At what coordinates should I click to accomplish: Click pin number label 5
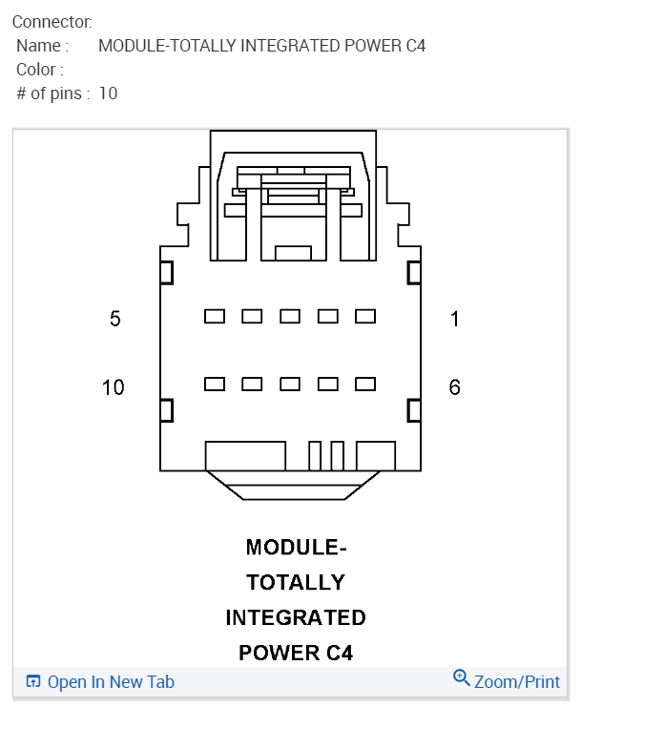point(115,319)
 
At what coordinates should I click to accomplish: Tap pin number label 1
point(455,319)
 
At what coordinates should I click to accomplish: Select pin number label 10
point(114,387)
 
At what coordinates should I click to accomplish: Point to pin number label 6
point(455,387)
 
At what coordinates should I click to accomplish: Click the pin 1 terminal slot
point(365,316)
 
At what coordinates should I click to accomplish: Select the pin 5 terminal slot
point(215,316)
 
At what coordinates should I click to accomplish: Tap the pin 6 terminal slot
point(365,384)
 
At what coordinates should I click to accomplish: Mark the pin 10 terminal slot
point(215,384)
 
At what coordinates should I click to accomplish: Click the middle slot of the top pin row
point(290,316)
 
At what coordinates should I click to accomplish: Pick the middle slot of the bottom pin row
point(290,384)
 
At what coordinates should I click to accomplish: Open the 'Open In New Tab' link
point(110,682)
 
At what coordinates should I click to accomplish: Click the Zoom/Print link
point(517,682)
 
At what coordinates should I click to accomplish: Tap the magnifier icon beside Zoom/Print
point(462,678)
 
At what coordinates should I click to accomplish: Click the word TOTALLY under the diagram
point(296,582)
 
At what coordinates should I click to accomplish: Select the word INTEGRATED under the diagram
point(296,617)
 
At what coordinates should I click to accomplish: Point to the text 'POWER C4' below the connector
point(296,654)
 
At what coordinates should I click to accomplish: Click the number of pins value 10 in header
point(108,94)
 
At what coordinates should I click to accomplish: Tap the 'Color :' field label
point(40,70)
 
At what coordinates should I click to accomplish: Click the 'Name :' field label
point(43,46)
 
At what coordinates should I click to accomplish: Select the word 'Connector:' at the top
point(52,21)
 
